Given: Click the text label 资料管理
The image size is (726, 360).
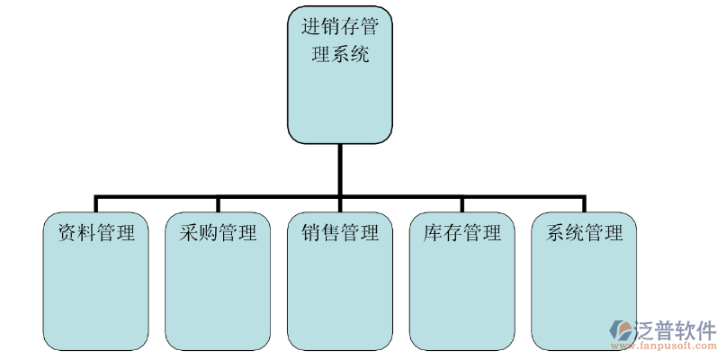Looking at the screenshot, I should click(96, 233).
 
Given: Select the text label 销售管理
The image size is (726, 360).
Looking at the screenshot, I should click(340, 233).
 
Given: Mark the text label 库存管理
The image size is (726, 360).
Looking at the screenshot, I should click(462, 233).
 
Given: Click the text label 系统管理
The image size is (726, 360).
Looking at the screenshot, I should click(585, 233).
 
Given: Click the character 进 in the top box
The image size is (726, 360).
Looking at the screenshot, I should click(311, 26).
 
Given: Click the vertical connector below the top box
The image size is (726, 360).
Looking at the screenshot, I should click(340, 167).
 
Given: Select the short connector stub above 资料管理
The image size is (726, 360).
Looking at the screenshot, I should click(96, 203).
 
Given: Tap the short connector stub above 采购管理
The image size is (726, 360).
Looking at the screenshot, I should click(218, 203).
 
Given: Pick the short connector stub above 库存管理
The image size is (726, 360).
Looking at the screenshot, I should click(462, 203).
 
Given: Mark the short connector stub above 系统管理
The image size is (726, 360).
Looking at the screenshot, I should click(585, 203).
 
